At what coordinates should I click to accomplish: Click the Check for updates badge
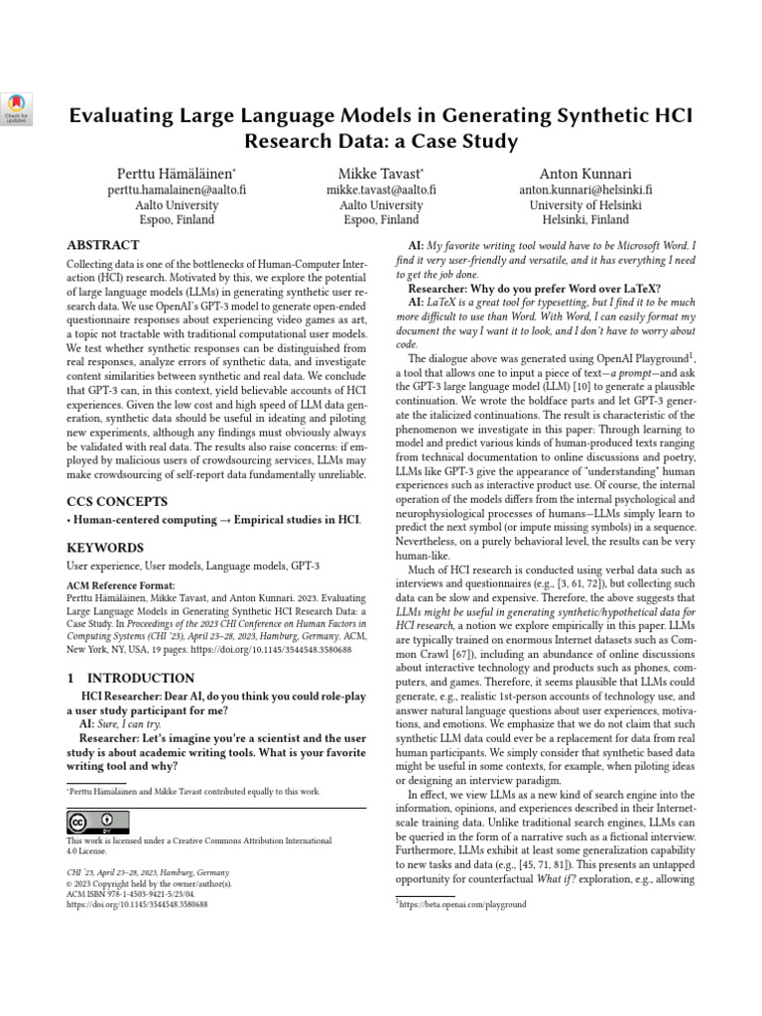(x=19, y=107)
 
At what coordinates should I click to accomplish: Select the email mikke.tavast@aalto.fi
(x=381, y=189)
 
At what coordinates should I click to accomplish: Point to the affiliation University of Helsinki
(x=584, y=204)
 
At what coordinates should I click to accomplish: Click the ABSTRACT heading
(x=103, y=245)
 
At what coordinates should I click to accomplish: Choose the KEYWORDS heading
(x=104, y=548)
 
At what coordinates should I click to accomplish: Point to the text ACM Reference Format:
(x=119, y=586)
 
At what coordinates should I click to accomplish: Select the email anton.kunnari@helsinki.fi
(x=584, y=189)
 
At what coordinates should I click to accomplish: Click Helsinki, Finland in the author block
(x=584, y=220)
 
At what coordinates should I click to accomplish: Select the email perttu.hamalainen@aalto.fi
(x=176, y=189)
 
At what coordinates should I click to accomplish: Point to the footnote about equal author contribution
(x=192, y=792)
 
